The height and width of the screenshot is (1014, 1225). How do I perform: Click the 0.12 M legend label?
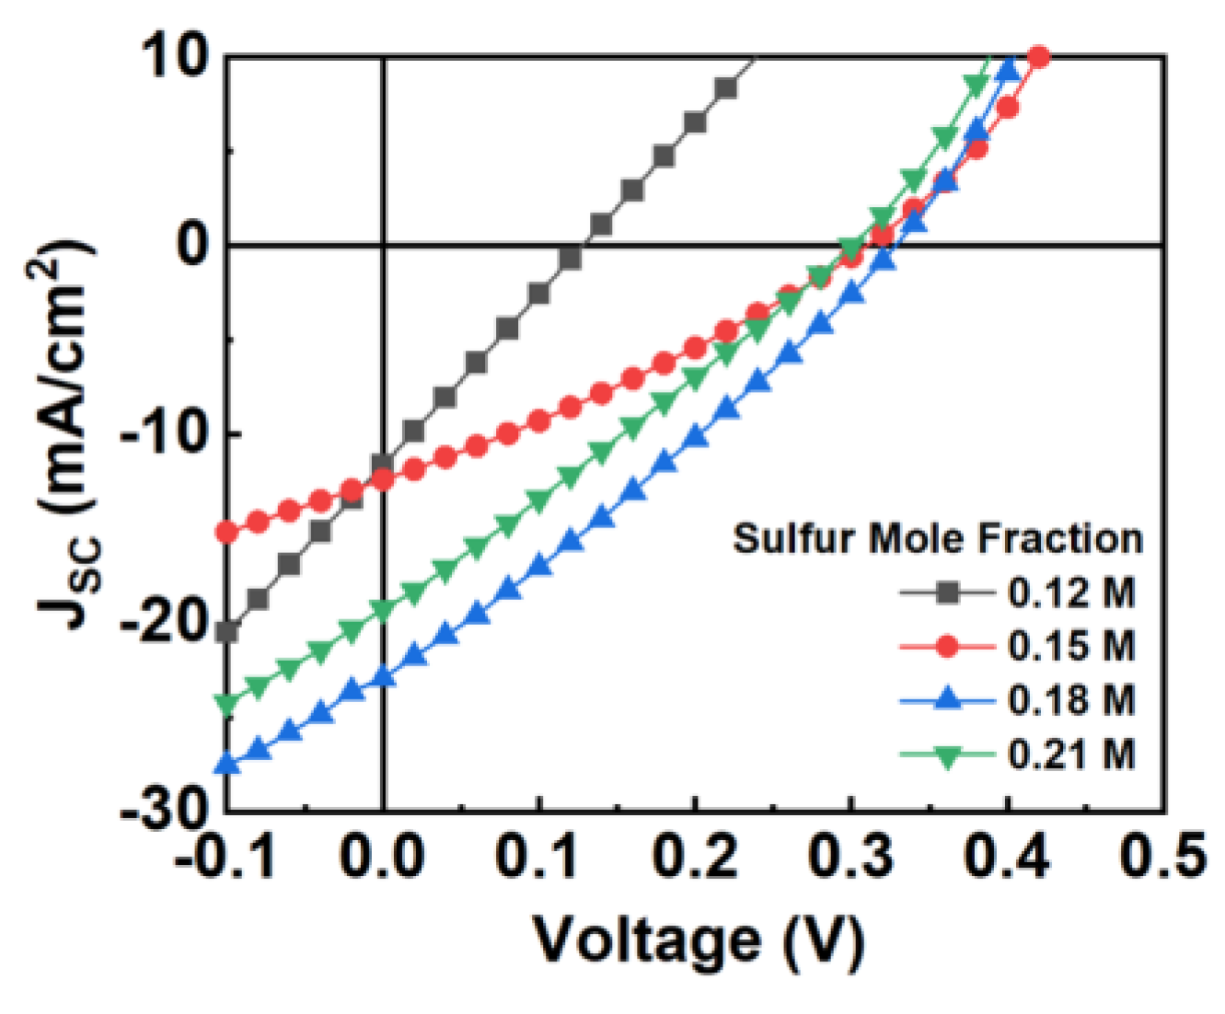(x=1071, y=593)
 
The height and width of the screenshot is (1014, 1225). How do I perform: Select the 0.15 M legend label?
(x=1071, y=647)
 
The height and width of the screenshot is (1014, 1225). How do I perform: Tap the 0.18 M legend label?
(x=1071, y=701)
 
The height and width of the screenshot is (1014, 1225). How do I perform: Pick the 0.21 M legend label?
(x=1071, y=755)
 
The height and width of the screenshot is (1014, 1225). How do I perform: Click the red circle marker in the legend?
(x=947, y=647)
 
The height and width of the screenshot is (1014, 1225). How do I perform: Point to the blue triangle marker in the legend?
(x=947, y=700)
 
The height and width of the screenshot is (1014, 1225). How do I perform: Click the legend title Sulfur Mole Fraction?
(x=937, y=538)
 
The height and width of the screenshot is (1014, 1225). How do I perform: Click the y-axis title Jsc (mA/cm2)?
(x=69, y=432)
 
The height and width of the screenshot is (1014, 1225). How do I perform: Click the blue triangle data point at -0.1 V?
(x=227, y=764)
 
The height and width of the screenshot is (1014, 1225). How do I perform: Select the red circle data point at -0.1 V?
(x=227, y=532)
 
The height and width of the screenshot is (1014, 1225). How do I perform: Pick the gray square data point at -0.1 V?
(x=227, y=632)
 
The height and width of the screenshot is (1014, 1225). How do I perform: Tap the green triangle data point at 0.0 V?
(x=383, y=609)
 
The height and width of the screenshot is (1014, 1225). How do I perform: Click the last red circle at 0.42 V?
(x=1038, y=57)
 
